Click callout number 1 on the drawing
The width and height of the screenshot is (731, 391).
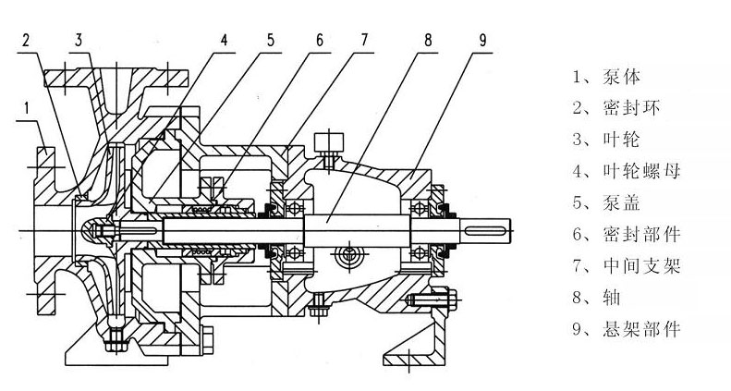[x=28, y=109]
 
